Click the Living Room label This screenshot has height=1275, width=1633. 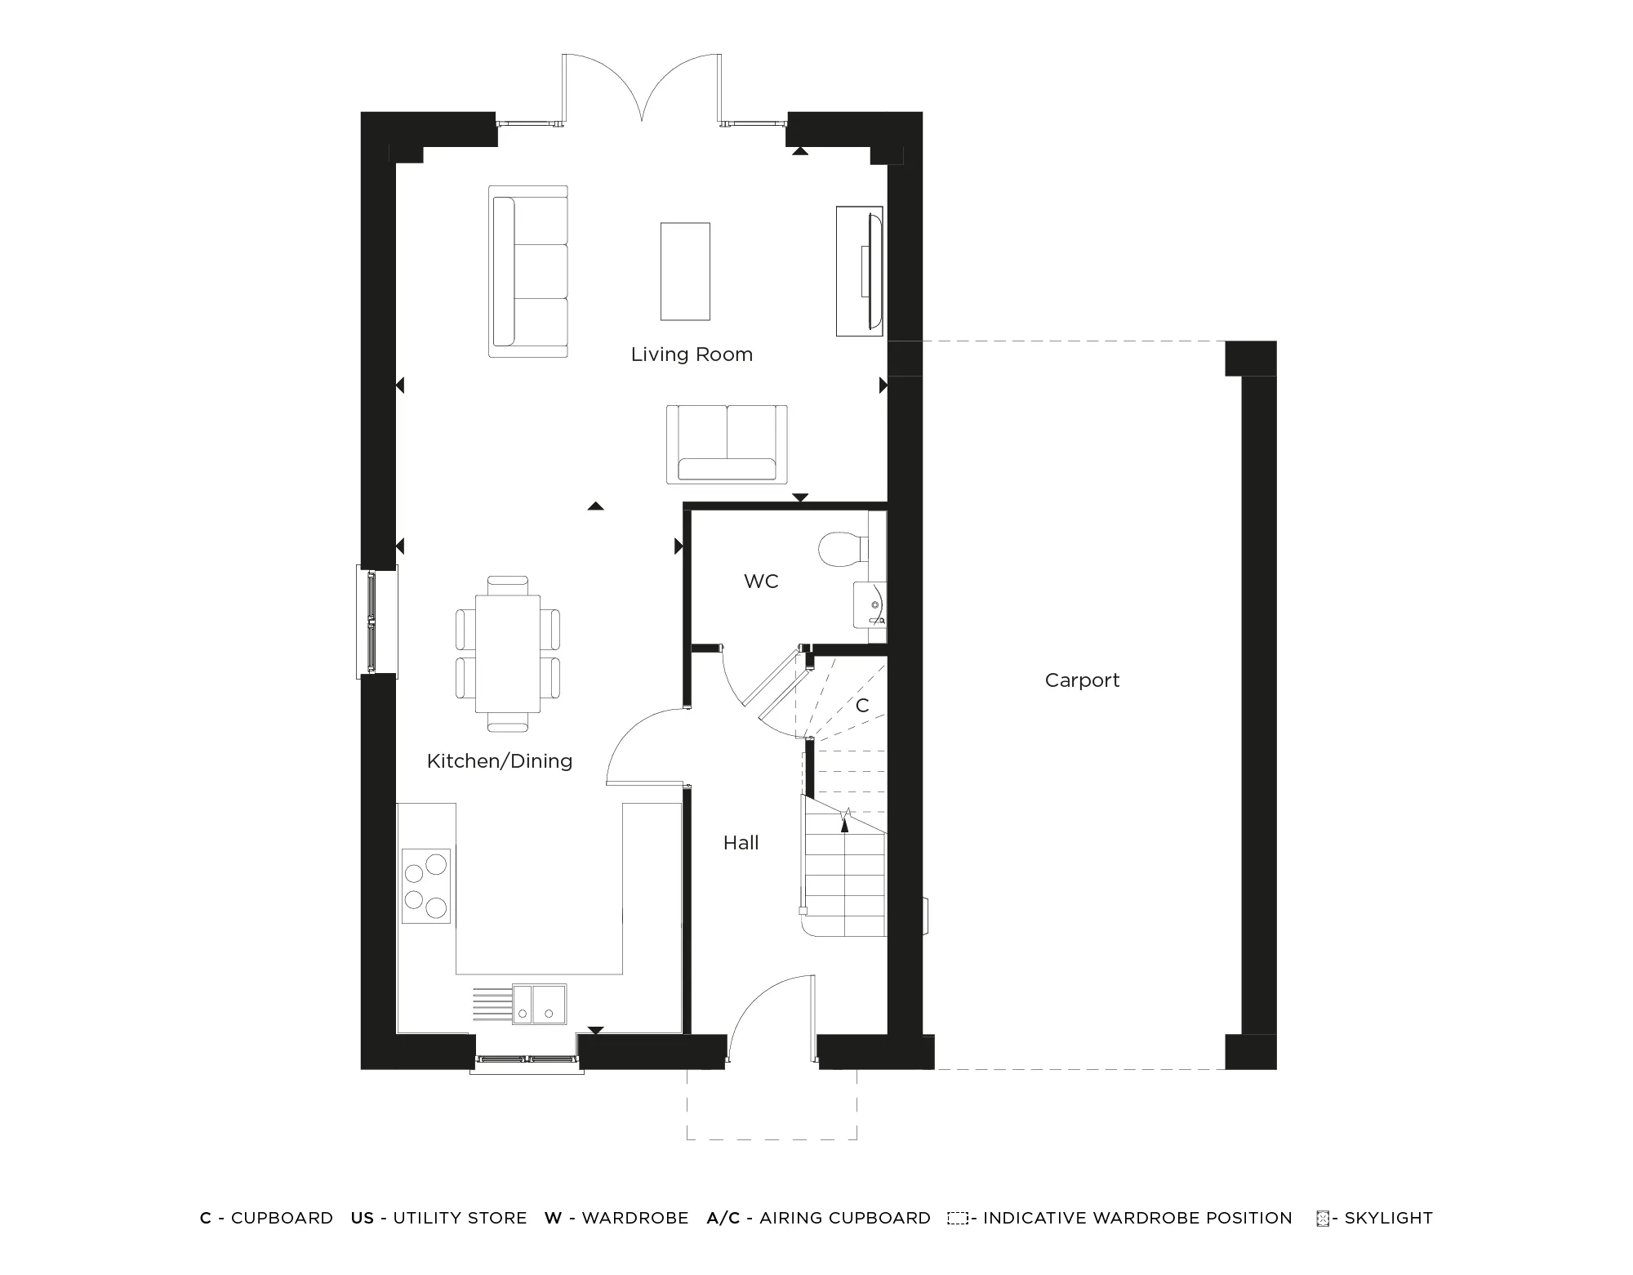click(692, 354)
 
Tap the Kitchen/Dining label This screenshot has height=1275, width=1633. click(499, 761)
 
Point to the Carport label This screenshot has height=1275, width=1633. click(1082, 680)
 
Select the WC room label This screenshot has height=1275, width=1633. click(761, 582)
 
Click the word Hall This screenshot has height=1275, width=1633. click(741, 843)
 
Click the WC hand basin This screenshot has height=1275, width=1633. click(870, 604)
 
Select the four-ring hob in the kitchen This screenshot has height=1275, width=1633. click(425, 885)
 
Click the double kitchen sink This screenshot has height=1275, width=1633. click(540, 1005)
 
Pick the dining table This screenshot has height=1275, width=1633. click(507, 653)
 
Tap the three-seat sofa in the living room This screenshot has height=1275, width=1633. click(527, 271)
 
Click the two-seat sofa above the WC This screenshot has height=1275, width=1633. click(727, 444)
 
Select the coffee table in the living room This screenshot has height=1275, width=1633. click(684, 271)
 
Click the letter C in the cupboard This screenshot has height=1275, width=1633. click(862, 706)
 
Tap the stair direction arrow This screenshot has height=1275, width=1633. click(844, 823)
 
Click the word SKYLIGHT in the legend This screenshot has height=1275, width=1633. click(1388, 1218)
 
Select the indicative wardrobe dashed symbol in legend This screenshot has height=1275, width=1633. click(957, 1218)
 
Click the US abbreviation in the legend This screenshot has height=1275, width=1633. click(362, 1218)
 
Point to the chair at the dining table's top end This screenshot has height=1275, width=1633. click(507, 585)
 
